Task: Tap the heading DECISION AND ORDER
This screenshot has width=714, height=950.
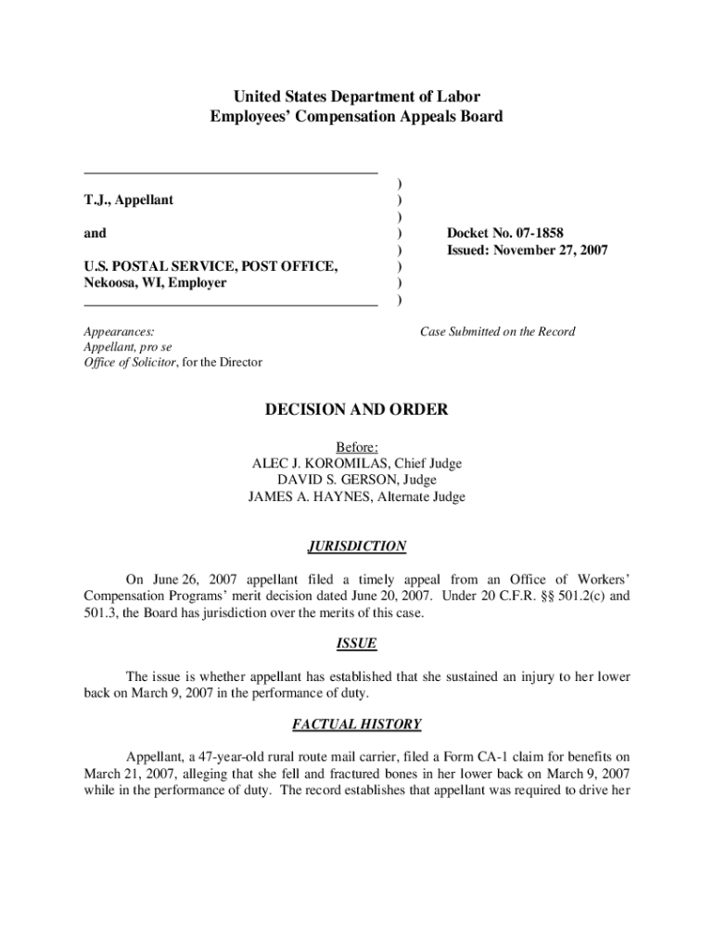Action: click(356, 409)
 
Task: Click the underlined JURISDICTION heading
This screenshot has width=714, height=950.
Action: click(356, 546)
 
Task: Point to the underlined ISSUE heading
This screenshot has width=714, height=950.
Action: click(356, 643)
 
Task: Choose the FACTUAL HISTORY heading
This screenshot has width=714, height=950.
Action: click(356, 724)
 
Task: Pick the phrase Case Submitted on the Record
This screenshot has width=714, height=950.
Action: click(497, 331)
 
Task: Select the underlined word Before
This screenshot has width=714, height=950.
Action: click(356, 446)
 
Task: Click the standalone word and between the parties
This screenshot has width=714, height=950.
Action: click(95, 233)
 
